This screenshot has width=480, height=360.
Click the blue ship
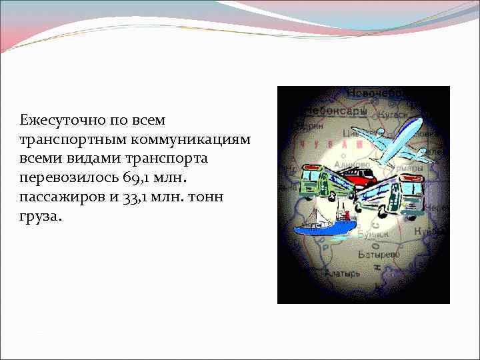[x=323, y=227]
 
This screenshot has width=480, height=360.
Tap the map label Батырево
[x=378, y=254]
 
